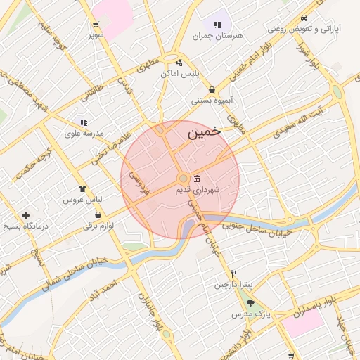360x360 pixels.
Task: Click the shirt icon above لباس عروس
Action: point(83,188)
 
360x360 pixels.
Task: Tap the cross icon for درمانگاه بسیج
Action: point(26,215)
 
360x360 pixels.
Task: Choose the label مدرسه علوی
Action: point(84,133)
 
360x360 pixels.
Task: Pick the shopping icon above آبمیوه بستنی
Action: point(212,89)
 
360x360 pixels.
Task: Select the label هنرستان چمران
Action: point(221,34)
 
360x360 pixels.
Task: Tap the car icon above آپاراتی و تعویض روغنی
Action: point(304,18)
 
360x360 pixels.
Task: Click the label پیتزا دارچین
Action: point(233,285)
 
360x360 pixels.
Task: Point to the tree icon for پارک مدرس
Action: point(251,303)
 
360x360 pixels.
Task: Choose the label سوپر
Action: point(96,34)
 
